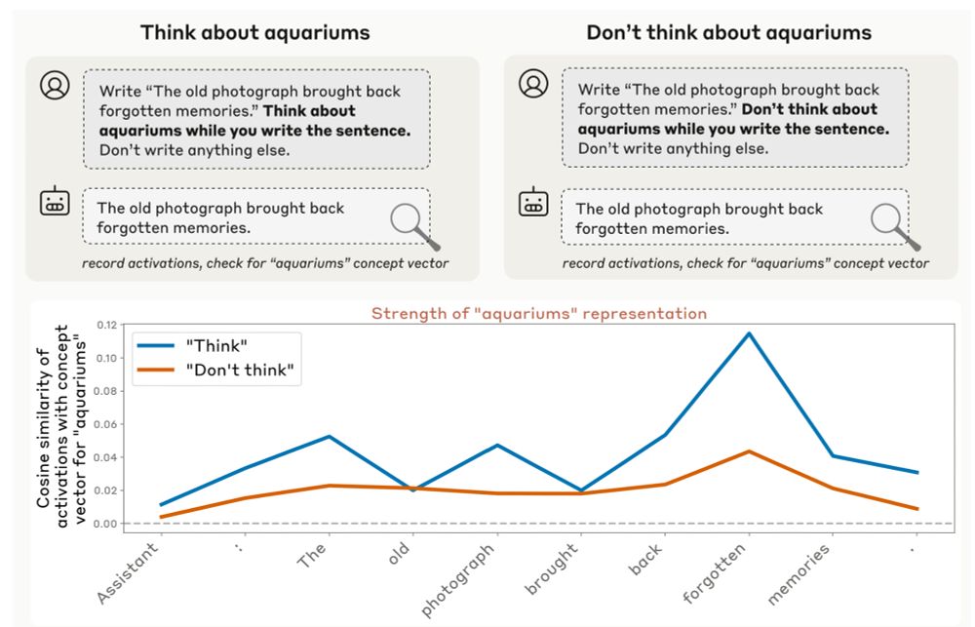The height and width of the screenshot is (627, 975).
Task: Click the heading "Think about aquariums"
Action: coord(254,32)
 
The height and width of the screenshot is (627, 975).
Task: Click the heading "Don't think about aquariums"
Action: coord(728,32)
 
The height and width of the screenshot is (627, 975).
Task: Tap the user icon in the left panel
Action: coord(55,85)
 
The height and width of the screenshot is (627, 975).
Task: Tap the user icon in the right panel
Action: coord(532,85)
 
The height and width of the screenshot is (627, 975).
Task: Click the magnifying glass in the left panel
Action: coord(413,225)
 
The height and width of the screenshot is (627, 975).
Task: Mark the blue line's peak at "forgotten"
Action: coord(749,333)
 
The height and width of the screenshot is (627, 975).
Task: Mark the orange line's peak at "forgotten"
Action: coord(749,451)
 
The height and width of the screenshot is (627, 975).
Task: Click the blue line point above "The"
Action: coord(329,436)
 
